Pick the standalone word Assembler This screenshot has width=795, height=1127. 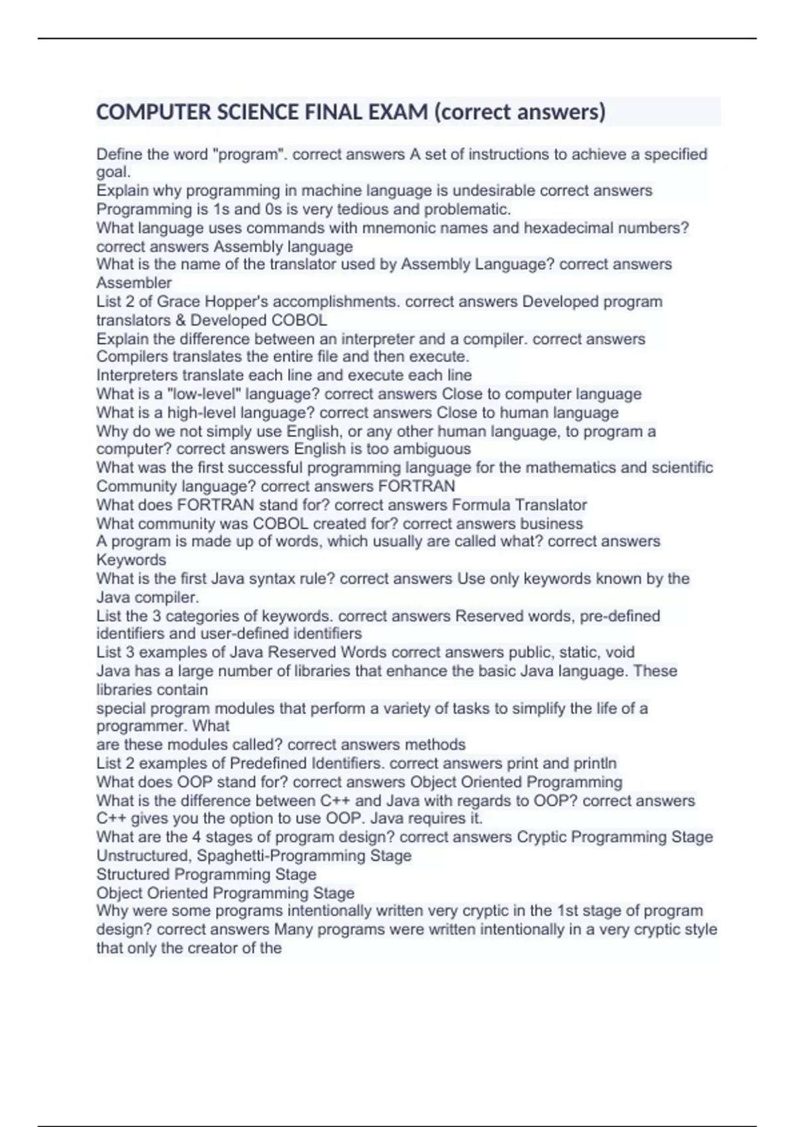click(134, 283)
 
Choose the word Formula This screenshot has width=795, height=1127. click(481, 504)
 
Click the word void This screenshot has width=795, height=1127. click(619, 652)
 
